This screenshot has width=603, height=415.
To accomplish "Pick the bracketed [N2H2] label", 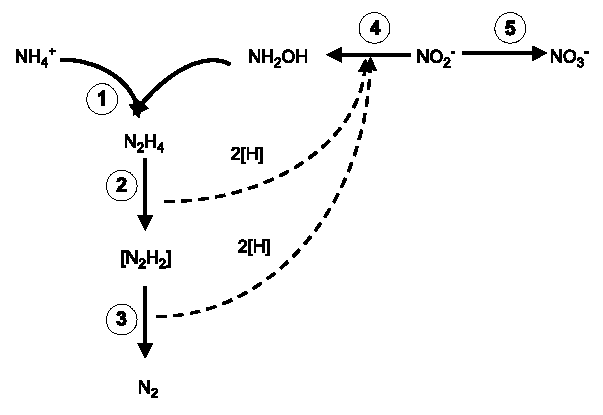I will click(x=144, y=261).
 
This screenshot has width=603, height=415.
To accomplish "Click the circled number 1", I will click(x=101, y=98).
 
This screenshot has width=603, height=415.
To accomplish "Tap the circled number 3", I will click(x=120, y=318).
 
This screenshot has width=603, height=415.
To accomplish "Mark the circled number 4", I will click(x=373, y=29).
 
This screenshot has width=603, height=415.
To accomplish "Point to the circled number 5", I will click(x=510, y=29).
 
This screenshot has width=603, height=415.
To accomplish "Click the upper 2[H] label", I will click(x=245, y=154).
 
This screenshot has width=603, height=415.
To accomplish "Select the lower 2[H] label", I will click(x=252, y=244).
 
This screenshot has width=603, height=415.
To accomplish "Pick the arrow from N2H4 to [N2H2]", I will click(x=145, y=195).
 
